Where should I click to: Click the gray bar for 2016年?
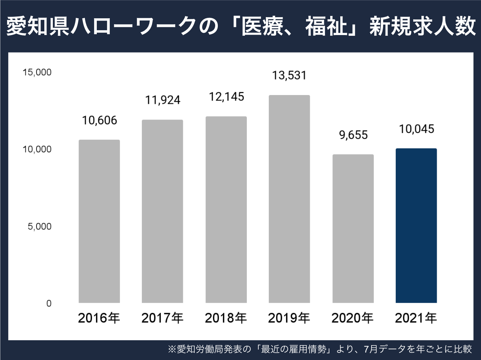[99, 221]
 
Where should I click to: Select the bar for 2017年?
[162, 211]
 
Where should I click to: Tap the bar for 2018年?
[226, 209]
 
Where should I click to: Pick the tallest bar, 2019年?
[289, 199]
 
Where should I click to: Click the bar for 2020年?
[353, 228]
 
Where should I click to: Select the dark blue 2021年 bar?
[416, 225]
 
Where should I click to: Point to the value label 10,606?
[99, 120]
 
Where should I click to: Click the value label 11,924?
[163, 100]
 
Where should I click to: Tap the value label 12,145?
[226, 97]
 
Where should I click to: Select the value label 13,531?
[289, 76]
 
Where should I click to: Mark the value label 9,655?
[353, 135]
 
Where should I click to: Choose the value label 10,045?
[417, 129]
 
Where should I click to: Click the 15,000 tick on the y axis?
[37, 72]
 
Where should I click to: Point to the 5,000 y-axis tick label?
[39, 226]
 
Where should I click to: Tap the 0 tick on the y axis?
[49, 304]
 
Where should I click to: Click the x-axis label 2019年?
[289, 318]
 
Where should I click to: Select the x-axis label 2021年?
[416, 318]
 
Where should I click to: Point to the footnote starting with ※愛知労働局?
[320, 349]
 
